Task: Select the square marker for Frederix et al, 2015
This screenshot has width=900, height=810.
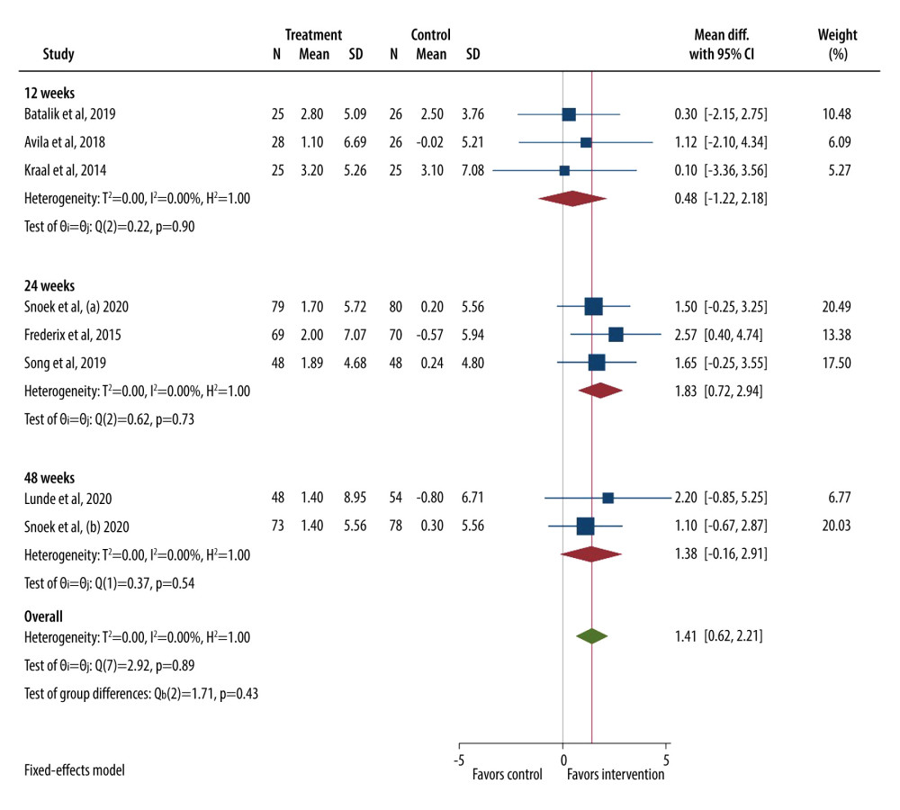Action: [616, 335]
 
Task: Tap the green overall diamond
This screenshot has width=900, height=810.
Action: [591, 636]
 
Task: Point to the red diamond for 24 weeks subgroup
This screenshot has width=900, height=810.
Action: [600, 391]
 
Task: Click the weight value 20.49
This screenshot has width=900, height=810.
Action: [836, 306]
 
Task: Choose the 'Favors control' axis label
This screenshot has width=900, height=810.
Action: [508, 774]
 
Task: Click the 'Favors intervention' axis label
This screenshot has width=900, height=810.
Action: [616, 774]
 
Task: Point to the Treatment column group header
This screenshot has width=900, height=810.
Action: [313, 35]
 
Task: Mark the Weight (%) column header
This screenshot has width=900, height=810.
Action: [837, 44]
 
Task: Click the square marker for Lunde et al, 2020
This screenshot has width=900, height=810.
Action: [608, 498]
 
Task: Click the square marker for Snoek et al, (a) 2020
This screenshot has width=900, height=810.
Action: [594, 306]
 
